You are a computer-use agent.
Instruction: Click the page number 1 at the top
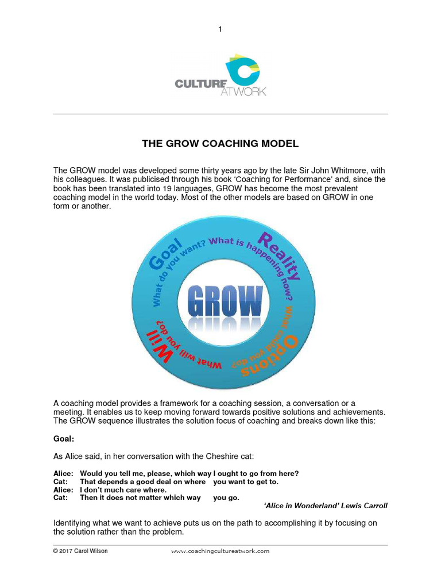(220, 29)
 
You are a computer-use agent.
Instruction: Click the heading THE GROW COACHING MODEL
(220, 144)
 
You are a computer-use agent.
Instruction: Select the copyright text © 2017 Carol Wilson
(80, 551)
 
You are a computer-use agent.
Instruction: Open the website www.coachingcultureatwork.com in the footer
(220, 551)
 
